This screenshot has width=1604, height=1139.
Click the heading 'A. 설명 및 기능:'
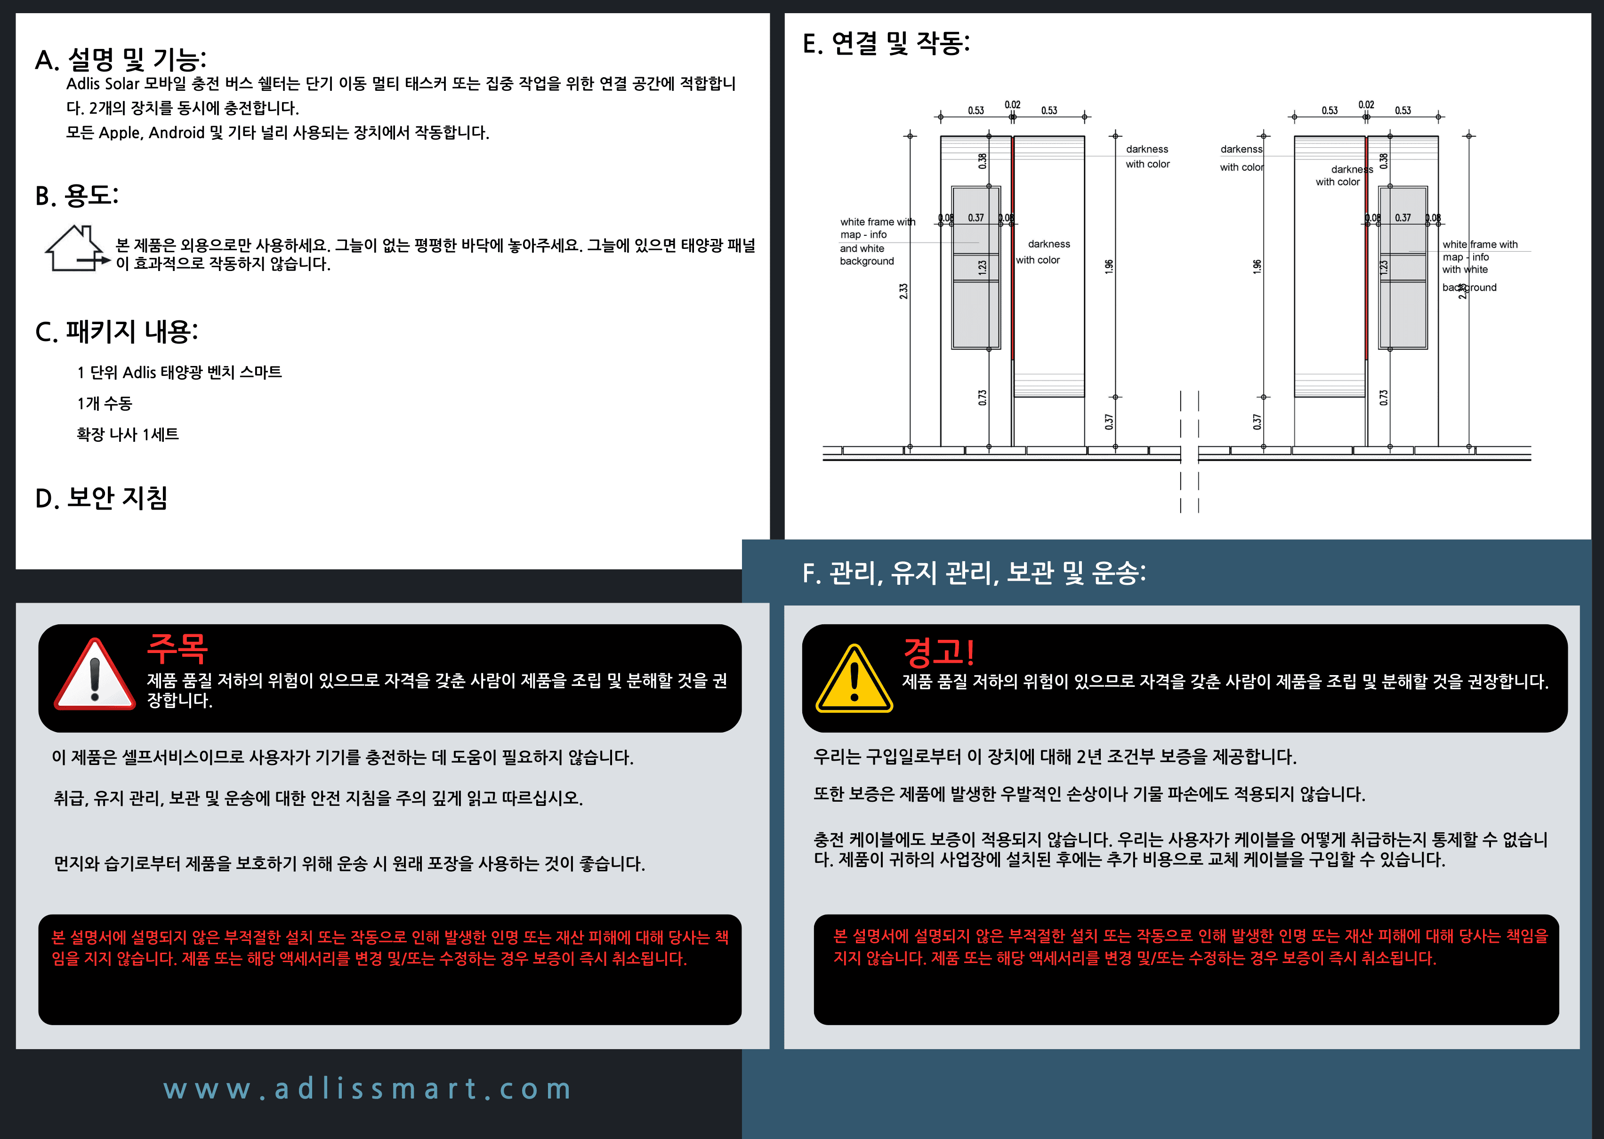click(121, 60)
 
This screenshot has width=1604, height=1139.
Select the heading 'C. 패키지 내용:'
click(116, 332)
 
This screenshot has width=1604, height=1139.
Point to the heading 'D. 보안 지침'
click(101, 498)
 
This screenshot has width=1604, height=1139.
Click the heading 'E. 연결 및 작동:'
click(886, 43)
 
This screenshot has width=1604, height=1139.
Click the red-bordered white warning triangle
click(95, 675)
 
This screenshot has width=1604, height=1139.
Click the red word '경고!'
click(938, 652)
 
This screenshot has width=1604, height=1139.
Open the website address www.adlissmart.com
click(368, 1089)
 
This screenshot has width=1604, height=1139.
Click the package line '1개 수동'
click(105, 403)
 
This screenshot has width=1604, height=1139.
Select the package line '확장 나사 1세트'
click(128, 434)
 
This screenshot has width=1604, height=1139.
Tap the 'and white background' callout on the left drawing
click(867, 255)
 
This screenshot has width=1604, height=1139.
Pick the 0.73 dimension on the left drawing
click(983, 398)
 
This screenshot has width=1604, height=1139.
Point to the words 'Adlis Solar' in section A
click(103, 83)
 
